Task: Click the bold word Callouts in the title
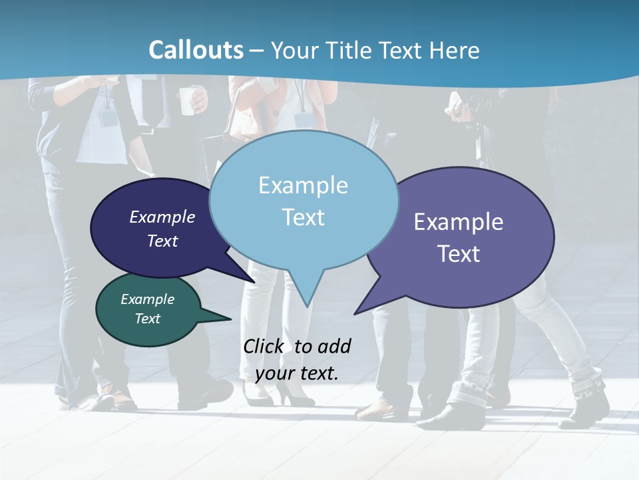click(x=196, y=50)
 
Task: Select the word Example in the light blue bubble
click(x=303, y=185)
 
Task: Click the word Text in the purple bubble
click(x=459, y=253)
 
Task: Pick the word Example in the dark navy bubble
click(x=162, y=217)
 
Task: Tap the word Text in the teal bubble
click(x=147, y=319)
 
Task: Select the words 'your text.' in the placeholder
click(x=296, y=373)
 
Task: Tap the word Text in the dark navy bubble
click(x=162, y=241)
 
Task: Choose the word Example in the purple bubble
click(x=459, y=222)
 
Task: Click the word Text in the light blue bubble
click(x=303, y=217)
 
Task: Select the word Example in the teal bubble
click(x=147, y=299)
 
